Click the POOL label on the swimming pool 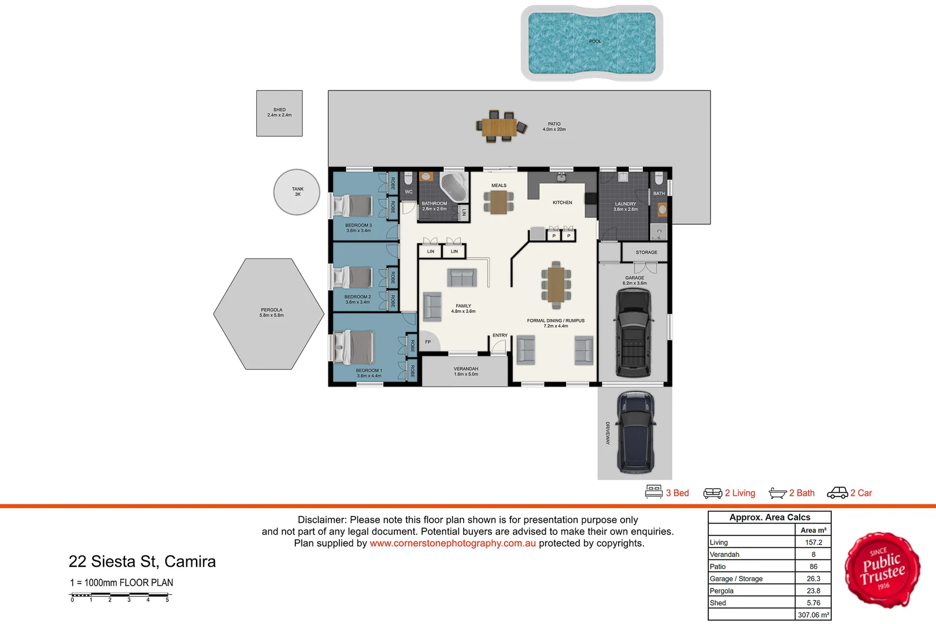pyautogui.click(x=595, y=42)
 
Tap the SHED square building pyautogui.click(x=279, y=113)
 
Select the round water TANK pyautogui.click(x=297, y=192)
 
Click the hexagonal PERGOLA pyautogui.click(x=269, y=314)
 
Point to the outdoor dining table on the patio pyautogui.click(x=500, y=127)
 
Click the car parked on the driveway pyautogui.click(x=635, y=432)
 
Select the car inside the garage pyautogui.click(x=634, y=333)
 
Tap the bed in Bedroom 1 pyautogui.click(x=356, y=347)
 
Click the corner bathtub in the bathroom pyautogui.click(x=453, y=185)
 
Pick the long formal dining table pyautogui.click(x=556, y=284)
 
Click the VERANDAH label pyautogui.click(x=466, y=369)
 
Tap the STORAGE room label pyautogui.click(x=646, y=252)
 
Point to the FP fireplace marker pyautogui.click(x=428, y=342)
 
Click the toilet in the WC pyautogui.click(x=409, y=178)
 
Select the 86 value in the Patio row pyautogui.click(x=813, y=567)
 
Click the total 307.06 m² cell pyautogui.click(x=813, y=615)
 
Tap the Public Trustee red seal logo pyautogui.click(x=882, y=570)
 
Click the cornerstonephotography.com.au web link pyautogui.click(x=453, y=543)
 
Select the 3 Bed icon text pyautogui.click(x=677, y=493)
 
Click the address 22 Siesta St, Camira pyautogui.click(x=142, y=562)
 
